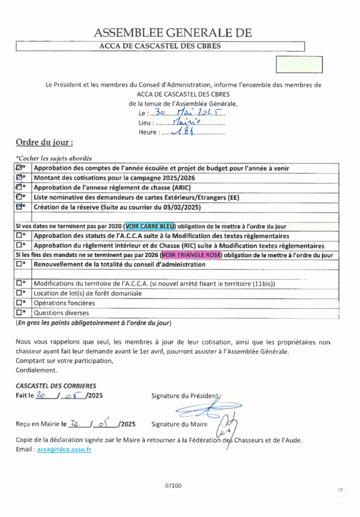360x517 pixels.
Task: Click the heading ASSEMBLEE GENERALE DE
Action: [x=173, y=33]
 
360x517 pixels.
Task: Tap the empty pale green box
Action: [x=299, y=65]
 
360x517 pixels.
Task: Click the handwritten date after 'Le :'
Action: [x=188, y=112]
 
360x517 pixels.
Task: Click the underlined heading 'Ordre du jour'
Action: [x=44, y=142]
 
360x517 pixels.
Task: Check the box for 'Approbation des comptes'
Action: [x=19, y=168]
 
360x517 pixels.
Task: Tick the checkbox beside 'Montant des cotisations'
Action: [x=19, y=178]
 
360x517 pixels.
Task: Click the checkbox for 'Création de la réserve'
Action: [x=19, y=207]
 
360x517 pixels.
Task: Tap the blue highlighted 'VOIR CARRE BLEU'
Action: [x=150, y=226]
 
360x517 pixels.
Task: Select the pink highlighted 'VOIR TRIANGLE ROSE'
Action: [x=191, y=255]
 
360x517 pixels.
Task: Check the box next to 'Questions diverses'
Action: [x=19, y=312]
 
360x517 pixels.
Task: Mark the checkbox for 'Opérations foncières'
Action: [x=19, y=302]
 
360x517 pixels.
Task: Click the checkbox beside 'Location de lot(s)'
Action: [x=19, y=293]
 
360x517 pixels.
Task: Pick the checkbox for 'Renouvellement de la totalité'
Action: [x=19, y=264]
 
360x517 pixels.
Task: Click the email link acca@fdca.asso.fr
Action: [x=64, y=449]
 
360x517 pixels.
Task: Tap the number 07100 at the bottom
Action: [x=173, y=485]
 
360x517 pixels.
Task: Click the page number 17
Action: [x=340, y=490]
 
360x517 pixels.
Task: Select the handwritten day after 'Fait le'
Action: [x=41, y=395]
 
